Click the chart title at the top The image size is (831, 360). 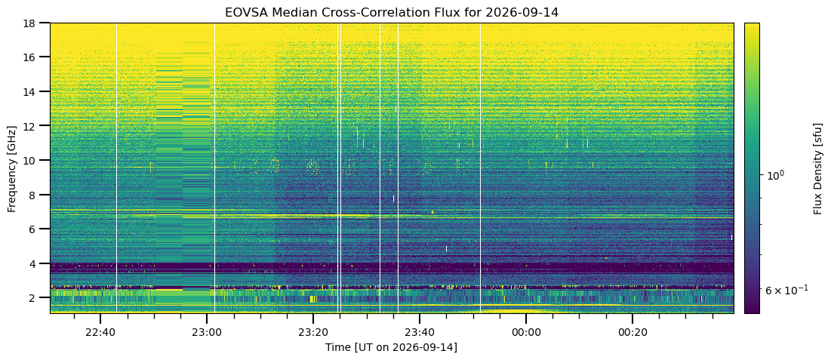tap(392, 11)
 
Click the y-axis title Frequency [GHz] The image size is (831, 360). tap(11, 168)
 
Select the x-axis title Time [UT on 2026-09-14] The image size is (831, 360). tap(392, 348)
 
